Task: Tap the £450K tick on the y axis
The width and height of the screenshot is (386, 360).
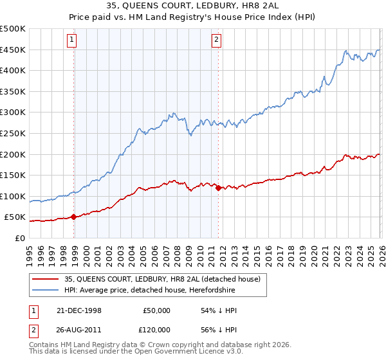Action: coord(13,50)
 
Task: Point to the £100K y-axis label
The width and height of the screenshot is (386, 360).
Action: coord(13,196)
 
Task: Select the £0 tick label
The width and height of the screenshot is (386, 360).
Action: coord(20,238)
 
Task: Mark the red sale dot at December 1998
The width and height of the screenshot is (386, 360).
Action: coord(74,217)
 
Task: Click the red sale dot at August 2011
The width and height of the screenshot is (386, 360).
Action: coord(218,188)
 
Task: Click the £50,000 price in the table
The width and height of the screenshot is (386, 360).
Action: coord(156,310)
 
